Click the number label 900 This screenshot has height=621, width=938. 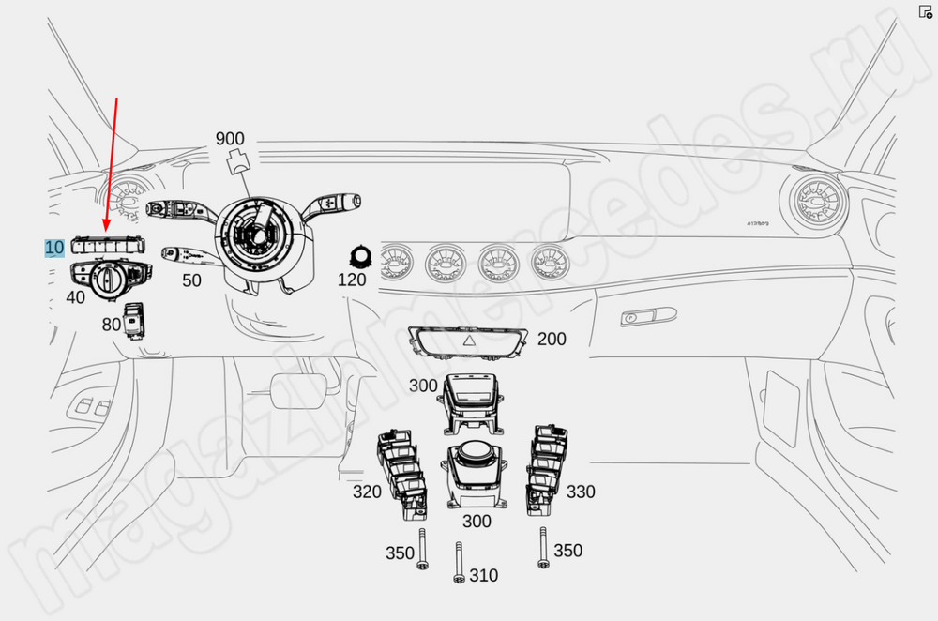tap(230, 139)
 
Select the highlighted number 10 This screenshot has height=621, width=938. tap(54, 248)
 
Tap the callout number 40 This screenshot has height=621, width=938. tap(75, 297)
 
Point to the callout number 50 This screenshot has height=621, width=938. tap(191, 280)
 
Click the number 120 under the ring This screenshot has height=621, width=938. tap(352, 280)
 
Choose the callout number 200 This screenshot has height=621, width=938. tap(552, 339)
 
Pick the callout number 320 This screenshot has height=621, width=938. tap(367, 492)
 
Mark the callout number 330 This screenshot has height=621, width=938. tap(581, 492)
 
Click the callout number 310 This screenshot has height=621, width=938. tap(484, 575)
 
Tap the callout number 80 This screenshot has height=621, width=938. tap(112, 325)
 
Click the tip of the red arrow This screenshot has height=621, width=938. tap(105, 228)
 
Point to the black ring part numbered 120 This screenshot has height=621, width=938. tap(358, 255)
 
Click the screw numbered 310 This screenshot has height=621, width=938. tap(459, 563)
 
